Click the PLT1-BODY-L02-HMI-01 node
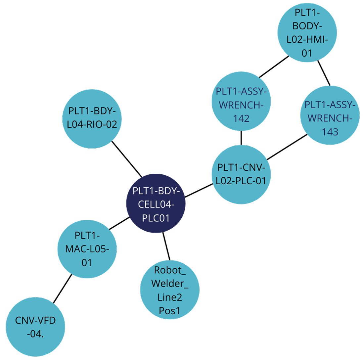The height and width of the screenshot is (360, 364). coord(307,32)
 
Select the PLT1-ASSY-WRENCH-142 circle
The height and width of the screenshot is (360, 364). coord(241,105)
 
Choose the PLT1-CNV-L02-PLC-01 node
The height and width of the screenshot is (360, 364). coord(241,174)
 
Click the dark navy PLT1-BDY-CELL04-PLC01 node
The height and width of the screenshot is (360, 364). coord(156,203)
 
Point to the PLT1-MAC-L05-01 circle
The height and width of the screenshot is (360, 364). coord(87,249)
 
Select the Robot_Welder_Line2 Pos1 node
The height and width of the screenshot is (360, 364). coord(170,290)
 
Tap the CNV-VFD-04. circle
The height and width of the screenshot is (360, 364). coord(35,327)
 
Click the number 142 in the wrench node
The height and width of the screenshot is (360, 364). coord(241,118)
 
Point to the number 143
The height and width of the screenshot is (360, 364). coord(330,132)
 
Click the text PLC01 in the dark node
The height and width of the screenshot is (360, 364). coord(156,218)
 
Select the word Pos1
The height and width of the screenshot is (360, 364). coord(170,311)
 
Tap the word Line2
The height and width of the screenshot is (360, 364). coord(170,297)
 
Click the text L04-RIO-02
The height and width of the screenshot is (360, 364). coord(92,124)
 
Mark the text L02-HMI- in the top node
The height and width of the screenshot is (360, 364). coord(307,40)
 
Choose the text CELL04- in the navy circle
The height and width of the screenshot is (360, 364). coord(156,204)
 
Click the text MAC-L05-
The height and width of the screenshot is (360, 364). coord(87,249)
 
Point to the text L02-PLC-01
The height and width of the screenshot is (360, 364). coord(241,181)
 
